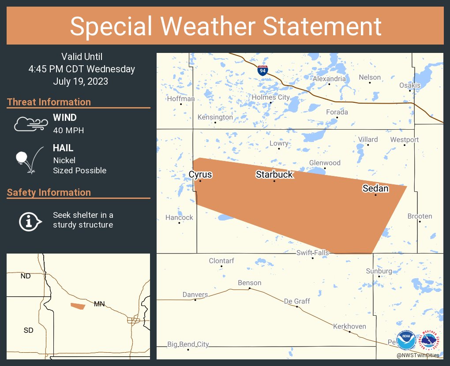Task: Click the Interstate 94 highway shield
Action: (x=262, y=70)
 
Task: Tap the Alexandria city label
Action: (x=329, y=78)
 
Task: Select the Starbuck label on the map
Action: (x=274, y=175)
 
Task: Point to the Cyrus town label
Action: (x=200, y=175)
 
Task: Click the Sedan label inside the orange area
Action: (x=375, y=189)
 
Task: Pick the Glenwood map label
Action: (x=325, y=163)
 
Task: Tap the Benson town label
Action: (x=249, y=283)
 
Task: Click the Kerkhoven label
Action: (x=349, y=326)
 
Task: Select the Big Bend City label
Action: (x=188, y=344)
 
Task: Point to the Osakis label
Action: (x=410, y=85)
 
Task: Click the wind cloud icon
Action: (x=29, y=124)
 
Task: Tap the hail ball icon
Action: (x=29, y=160)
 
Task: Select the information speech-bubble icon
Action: (x=30, y=220)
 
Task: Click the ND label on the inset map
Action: (x=26, y=276)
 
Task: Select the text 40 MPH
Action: (x=68, y=130)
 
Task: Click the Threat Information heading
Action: (x=49, y=102)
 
